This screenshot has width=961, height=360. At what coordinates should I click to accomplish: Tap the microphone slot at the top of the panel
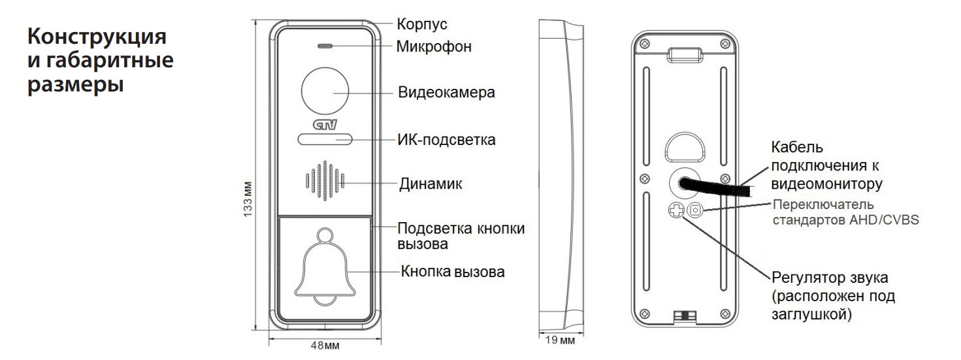[x=325, y=47]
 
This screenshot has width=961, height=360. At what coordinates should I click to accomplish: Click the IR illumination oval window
[x=325, y=139]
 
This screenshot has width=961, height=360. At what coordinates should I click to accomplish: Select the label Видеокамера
[x=446, y=92]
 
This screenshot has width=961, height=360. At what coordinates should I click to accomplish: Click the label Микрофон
[x=434, y=48]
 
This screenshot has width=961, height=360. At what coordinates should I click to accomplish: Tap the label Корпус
[x=422, y=24]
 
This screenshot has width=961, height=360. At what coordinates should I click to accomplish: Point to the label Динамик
[x=431, y=184]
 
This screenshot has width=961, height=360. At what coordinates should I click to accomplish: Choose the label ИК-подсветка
[x=446, y=140]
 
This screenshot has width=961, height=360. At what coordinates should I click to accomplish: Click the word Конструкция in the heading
[x=96, y=36]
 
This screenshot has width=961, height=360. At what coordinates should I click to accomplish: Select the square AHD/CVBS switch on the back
[x=696, y=210]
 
